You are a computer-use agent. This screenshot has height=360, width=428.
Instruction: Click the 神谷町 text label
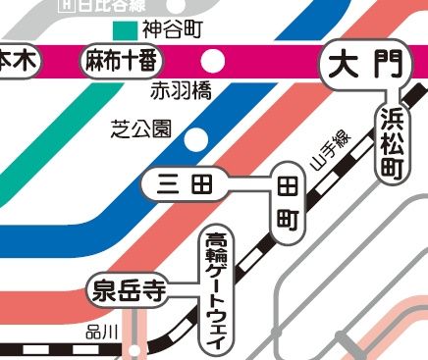pyautogui.click(x=172, y=29)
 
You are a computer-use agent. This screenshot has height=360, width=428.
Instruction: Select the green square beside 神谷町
pyautogui.click(x=125, y=30)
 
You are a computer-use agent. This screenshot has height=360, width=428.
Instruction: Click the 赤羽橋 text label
pyautogui.click(x=181, y=93)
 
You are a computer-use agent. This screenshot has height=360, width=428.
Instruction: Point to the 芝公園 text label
pyautogui.click(x=142, y=129)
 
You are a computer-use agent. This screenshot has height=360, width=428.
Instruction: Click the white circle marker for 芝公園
pyautogui.click(x=197, y=136)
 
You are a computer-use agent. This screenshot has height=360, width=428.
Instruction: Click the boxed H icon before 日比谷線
pyautogui.click(x=66, y=4)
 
